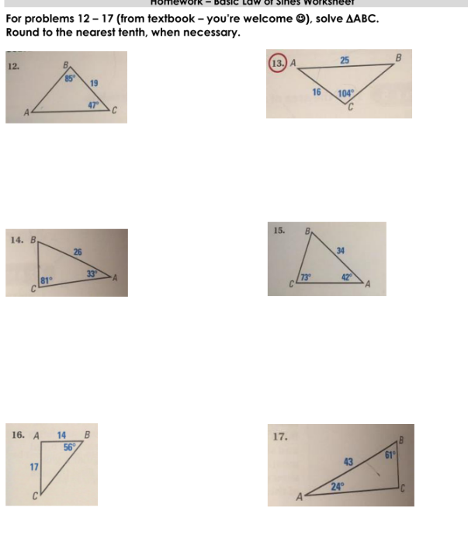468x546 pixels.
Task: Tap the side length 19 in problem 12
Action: [x=93, y=83]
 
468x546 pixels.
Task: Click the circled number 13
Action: [x=278, y=63]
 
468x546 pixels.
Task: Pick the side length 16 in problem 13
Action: [x=316, y=92]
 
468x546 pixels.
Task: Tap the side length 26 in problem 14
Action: [x=78, y=252]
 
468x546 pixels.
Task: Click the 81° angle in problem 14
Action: [x=46, y=281]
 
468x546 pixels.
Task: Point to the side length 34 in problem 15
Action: [x=341, y=250]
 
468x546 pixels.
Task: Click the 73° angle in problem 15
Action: [x=307, y=276]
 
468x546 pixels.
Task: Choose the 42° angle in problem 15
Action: [x=348, y=276]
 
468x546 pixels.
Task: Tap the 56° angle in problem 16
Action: [x=69, y=446]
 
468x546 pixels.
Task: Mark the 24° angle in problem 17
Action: [x=337, y=487]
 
